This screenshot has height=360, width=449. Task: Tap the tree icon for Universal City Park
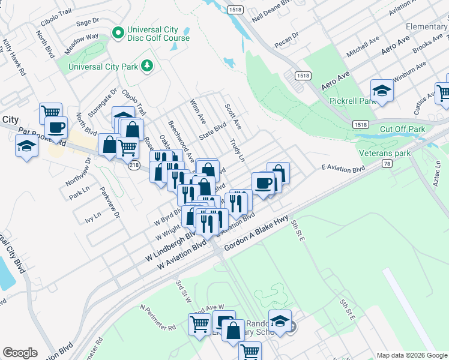[x=146, y=65]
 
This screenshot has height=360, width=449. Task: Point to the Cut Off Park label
[x=402, y=129]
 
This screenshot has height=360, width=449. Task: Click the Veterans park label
[x=385, y=153]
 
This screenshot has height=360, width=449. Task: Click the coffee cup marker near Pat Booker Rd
[x=56, y=128]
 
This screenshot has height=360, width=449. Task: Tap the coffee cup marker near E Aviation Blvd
[x=263, y=184]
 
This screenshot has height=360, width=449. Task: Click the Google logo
[x=20, y=353]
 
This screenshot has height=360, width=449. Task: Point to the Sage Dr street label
[x=88, y=22]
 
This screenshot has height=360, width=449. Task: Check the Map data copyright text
[x=411, y=355]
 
